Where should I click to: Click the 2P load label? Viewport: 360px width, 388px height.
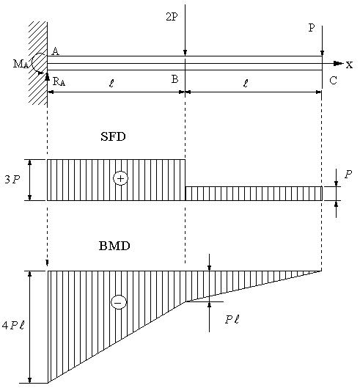point(172,17)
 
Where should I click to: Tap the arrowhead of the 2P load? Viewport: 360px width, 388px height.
point(185,53)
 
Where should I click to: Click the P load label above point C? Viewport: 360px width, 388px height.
point(312,28)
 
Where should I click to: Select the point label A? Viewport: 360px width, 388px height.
point(56,51)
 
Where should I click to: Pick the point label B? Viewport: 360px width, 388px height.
point(175,79)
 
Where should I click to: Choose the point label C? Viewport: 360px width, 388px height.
point(333,81)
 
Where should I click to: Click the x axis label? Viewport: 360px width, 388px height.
point(349,65)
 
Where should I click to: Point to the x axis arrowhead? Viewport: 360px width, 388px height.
point(338,63)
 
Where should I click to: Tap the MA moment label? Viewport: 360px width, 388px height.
point(21,64)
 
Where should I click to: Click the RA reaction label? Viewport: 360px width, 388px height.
point(59,81)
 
